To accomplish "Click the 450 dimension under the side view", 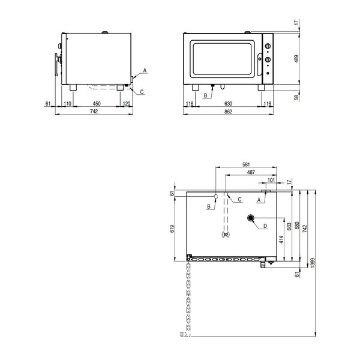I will (96, 104).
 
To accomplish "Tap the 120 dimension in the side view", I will (126, 104).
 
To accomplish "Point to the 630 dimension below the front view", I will (229, 104).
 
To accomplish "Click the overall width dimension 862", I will (229, 112).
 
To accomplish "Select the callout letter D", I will (264, 226).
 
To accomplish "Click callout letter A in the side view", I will (144, 71).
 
